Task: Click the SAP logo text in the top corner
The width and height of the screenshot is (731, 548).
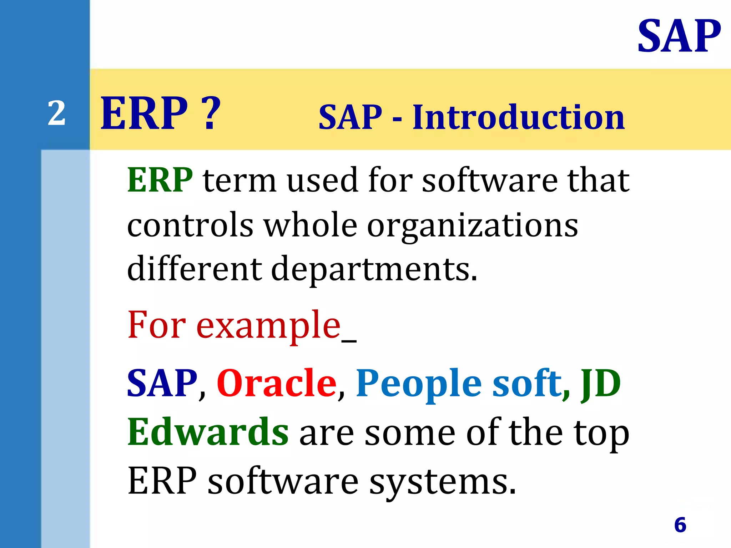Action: click(x=679, y=36)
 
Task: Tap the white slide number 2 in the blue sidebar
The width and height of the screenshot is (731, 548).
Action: click(x=57, y=113)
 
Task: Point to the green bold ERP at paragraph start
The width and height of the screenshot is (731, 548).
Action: click(x=160, y=180)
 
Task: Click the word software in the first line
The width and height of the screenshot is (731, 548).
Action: click(x=489, y=180)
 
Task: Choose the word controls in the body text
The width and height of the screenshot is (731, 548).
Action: click(x=190, y=225)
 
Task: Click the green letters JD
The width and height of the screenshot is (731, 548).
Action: click(x=601, y=384)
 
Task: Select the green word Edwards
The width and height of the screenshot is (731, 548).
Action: click(x=208, y=432)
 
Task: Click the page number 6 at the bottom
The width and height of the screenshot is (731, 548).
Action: click(x=680, y=525)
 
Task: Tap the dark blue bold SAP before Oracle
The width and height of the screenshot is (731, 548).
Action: click(x=162, y=383)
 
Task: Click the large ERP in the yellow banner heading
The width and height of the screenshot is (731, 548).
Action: click(x=144, y=113)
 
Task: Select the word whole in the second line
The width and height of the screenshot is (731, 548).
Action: click(x=310, y=225)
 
